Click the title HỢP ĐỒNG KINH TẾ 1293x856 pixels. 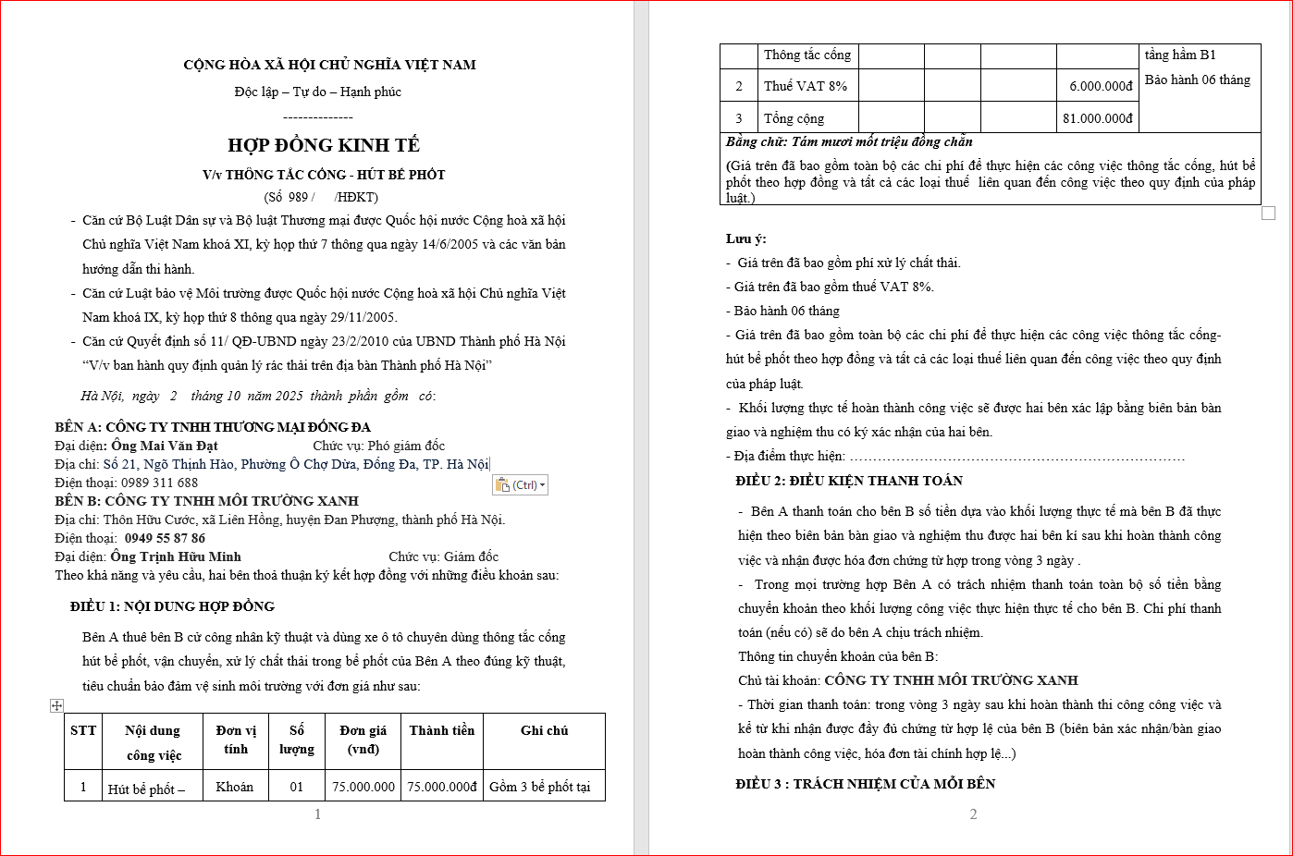point(324,145)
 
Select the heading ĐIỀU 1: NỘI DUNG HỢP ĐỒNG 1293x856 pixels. point(172,606)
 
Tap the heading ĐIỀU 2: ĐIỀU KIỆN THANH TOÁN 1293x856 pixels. point(849,481)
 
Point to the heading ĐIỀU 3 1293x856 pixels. point(865,784)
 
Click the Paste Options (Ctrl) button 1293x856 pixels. point(520,485)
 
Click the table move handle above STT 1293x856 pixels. point(56,705)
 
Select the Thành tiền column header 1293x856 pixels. point(441,730)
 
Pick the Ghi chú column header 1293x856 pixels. point(544,730)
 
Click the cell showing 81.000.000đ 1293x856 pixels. point(1097,118)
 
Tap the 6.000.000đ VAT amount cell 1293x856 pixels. point(1101,86)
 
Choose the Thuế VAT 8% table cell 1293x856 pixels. point(805,86)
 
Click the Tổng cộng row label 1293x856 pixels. point(794,118)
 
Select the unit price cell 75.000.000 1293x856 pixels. point(363,787)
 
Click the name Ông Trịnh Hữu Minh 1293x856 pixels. point(176,556)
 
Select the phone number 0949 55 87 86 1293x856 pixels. point(165,538)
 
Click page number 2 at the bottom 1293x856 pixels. point(973,814)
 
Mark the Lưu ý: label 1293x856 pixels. point(745,238)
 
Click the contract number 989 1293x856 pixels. point(298,197)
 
